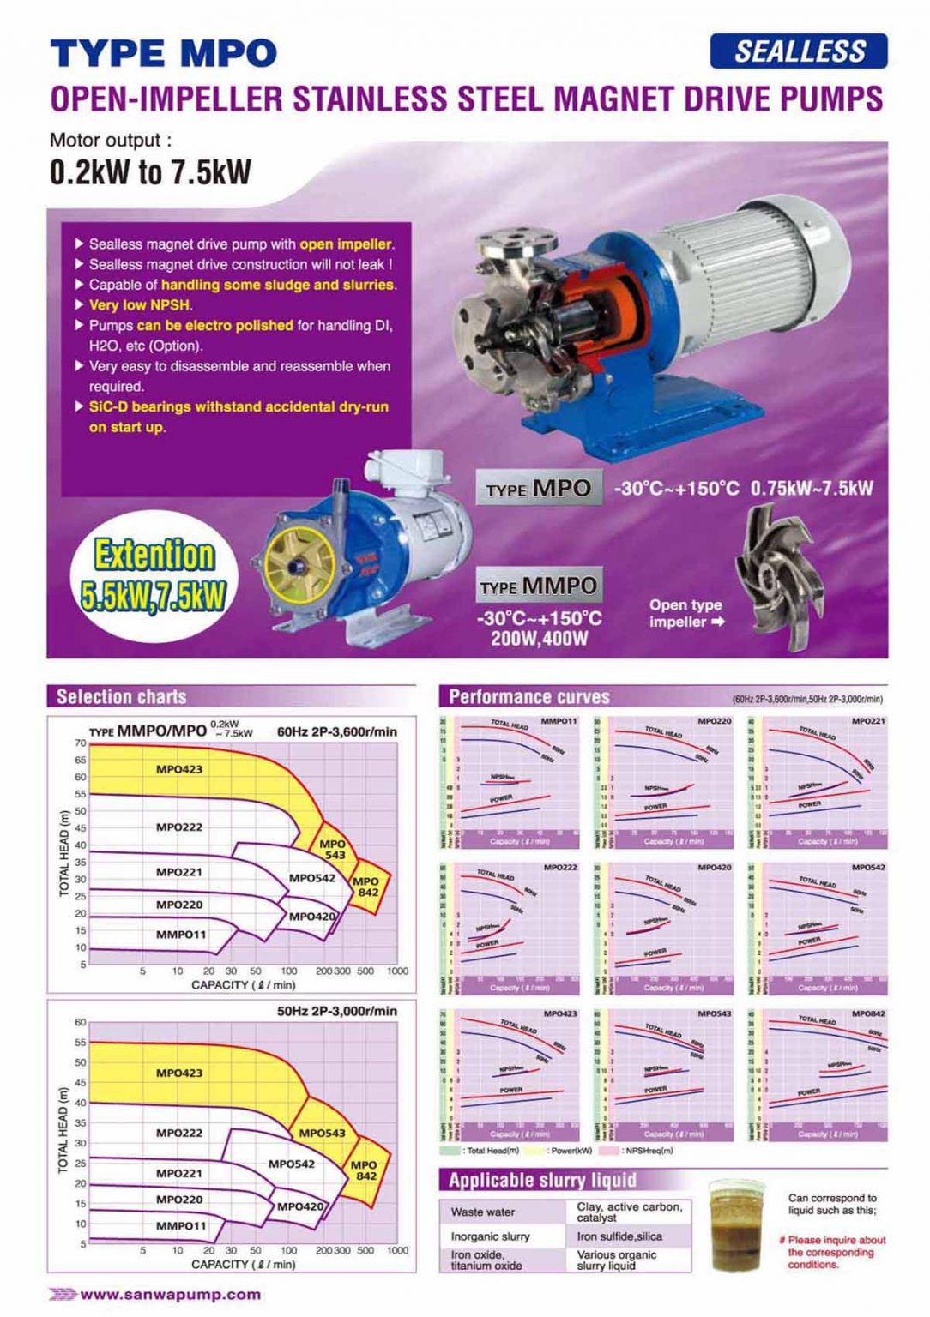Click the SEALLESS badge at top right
pyautogui.click(x=799, y=51)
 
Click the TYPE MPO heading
pyautogui.click(x=163, y=54)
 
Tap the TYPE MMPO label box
pyautogui.click(x=539, y=586)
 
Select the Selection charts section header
pyautogui.click(x=121, y=696)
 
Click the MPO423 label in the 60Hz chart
pyautogui.click(x=179, y=769)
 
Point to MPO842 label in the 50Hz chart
pyautogui.click(x=365, y=1170)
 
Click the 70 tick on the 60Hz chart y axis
pyautogui.click(x=80, y=743)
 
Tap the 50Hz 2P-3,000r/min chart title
pyautogui.click(x=336, y=1011)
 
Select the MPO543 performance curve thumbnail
pyautogui.click(x=664, y=1074)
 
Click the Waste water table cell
pyautogui.click(x=483, y=1212)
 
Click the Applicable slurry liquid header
pyautogui.click(x=542, y=1181)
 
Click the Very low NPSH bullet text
pyautogui.click(x=141, y=305)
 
